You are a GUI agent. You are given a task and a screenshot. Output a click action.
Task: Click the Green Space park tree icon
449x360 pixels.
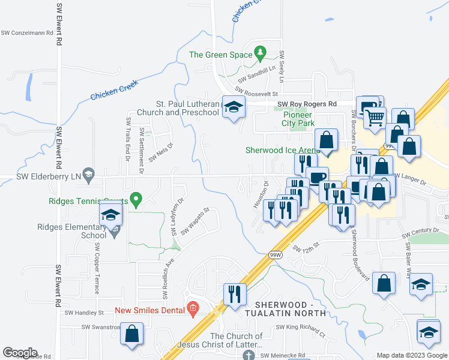pos(260,54)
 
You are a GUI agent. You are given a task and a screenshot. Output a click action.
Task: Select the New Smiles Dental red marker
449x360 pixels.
pos(193,309)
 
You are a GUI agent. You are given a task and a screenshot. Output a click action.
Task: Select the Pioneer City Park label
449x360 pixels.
pos(298,119)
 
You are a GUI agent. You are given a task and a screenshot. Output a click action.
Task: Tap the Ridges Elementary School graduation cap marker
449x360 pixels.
pos(110,215)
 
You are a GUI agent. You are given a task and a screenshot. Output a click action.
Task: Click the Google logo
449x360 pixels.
pos(20,353)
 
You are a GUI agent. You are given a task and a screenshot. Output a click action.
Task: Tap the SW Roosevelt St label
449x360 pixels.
pos(257,93)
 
